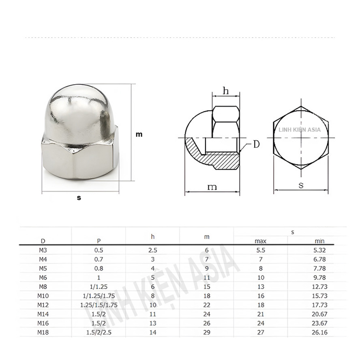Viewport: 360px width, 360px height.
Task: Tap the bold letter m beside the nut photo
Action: [x=139, y=135]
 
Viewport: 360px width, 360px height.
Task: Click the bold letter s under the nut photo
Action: [x=79, y=198]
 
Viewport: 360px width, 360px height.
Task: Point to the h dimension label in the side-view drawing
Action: [x=226, y=91]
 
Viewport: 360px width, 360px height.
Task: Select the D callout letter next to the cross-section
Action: [x=256, y=144]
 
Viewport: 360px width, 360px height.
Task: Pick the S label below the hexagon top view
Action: [x=301, y=186]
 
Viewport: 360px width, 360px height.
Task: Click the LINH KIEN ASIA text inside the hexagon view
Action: [x=300, y=130]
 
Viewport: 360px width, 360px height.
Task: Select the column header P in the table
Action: [x=99, y=241]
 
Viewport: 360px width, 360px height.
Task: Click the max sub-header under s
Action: [x=260, y=241]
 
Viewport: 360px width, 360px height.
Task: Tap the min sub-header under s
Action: [x=319, y=241]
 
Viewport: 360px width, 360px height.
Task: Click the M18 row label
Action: [x=43, y=332]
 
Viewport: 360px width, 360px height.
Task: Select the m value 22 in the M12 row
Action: [x=207, y=305]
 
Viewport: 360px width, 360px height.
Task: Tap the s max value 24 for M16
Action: [x=260, y=323]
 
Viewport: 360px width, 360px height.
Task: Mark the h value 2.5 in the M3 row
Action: [x=153, y=250]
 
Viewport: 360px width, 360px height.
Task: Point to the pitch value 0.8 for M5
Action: [x=99, y=268]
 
